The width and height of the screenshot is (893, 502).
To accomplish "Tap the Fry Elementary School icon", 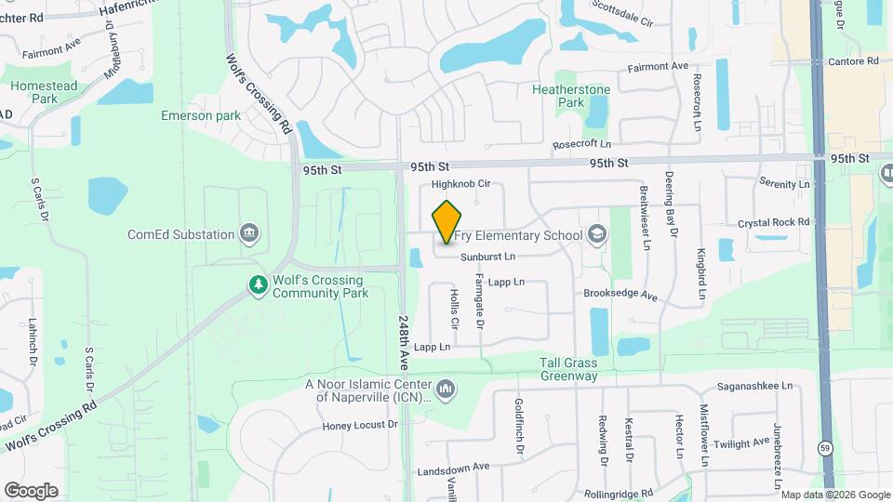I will (595, 235).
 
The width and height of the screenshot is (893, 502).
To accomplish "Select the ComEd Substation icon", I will (248, 232).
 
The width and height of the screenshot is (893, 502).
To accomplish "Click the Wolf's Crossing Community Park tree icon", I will (257, 285).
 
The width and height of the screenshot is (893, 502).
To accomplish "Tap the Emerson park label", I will (201, 115).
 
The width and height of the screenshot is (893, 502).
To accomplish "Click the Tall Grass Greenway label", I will (569, 369).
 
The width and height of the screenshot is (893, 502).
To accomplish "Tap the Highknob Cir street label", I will (460, 185).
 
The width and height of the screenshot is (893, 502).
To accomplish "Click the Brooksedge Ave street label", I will (620, 295).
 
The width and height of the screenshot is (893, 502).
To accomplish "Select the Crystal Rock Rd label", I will (774, 222).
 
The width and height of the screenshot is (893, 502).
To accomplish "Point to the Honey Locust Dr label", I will (360, 425).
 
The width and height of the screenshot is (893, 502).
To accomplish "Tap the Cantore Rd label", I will (855, 61).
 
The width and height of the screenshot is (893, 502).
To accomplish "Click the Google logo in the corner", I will (31, 490).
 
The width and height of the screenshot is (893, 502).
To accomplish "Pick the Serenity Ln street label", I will (784, 184).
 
